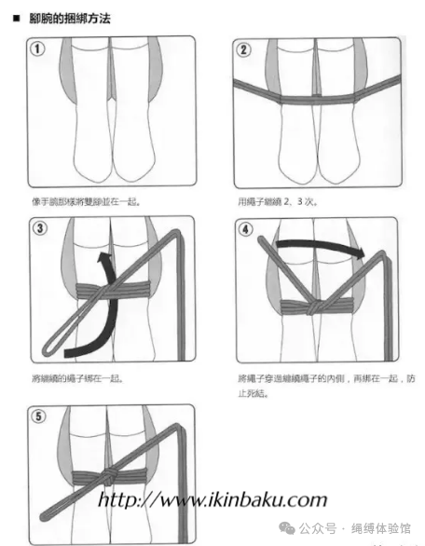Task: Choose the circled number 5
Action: click(x=39, y=416)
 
